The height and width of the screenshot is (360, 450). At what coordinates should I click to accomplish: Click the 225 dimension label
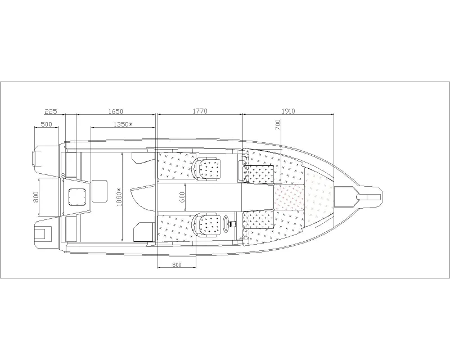51,111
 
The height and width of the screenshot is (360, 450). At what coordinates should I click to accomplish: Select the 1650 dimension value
116,111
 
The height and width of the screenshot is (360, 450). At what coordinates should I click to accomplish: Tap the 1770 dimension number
200,111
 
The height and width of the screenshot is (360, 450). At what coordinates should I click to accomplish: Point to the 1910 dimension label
288,111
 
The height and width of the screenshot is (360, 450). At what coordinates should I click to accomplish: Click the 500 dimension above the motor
47,124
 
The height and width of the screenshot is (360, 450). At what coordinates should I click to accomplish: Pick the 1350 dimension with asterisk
123,124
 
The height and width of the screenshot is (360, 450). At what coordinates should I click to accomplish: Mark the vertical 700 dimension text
278,124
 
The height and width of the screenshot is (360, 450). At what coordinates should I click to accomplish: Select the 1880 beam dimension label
119,197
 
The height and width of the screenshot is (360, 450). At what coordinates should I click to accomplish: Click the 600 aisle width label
182,197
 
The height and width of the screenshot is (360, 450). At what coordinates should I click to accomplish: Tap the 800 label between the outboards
36,197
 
